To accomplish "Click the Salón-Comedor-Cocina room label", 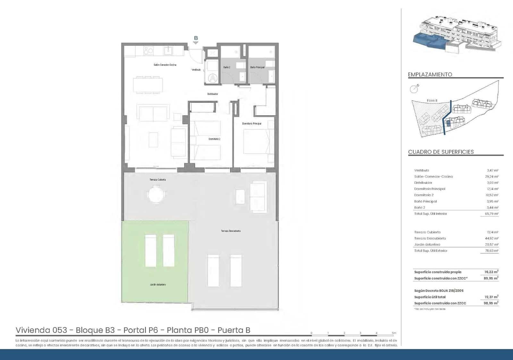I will [x=165, y=65].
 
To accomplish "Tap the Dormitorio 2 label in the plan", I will [x=214, y=139].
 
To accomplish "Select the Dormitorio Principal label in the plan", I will [x=252, y=123].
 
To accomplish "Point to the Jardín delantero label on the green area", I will [x=158, y=285].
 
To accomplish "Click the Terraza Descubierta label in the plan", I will [x=231, y=231].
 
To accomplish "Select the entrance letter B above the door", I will [x=196, y=38].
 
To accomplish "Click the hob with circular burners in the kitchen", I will [x=148, y=51].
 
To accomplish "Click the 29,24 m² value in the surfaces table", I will [x=492, y=177].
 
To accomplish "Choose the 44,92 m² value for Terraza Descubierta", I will [x=492, y=239].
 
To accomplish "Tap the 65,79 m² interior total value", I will [x=492, y=214].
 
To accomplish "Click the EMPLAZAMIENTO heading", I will [x=430, y=74].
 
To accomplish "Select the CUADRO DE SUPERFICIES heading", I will [x=441, y=152].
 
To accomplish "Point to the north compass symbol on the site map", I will [x=414, y=89].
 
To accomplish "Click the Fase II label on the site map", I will [x=432, y=101].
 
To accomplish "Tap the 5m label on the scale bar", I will [x=394, y=333].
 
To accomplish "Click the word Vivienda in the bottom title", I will [x=32, y=330].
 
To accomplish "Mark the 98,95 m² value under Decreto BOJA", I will [x=491, y=303].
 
